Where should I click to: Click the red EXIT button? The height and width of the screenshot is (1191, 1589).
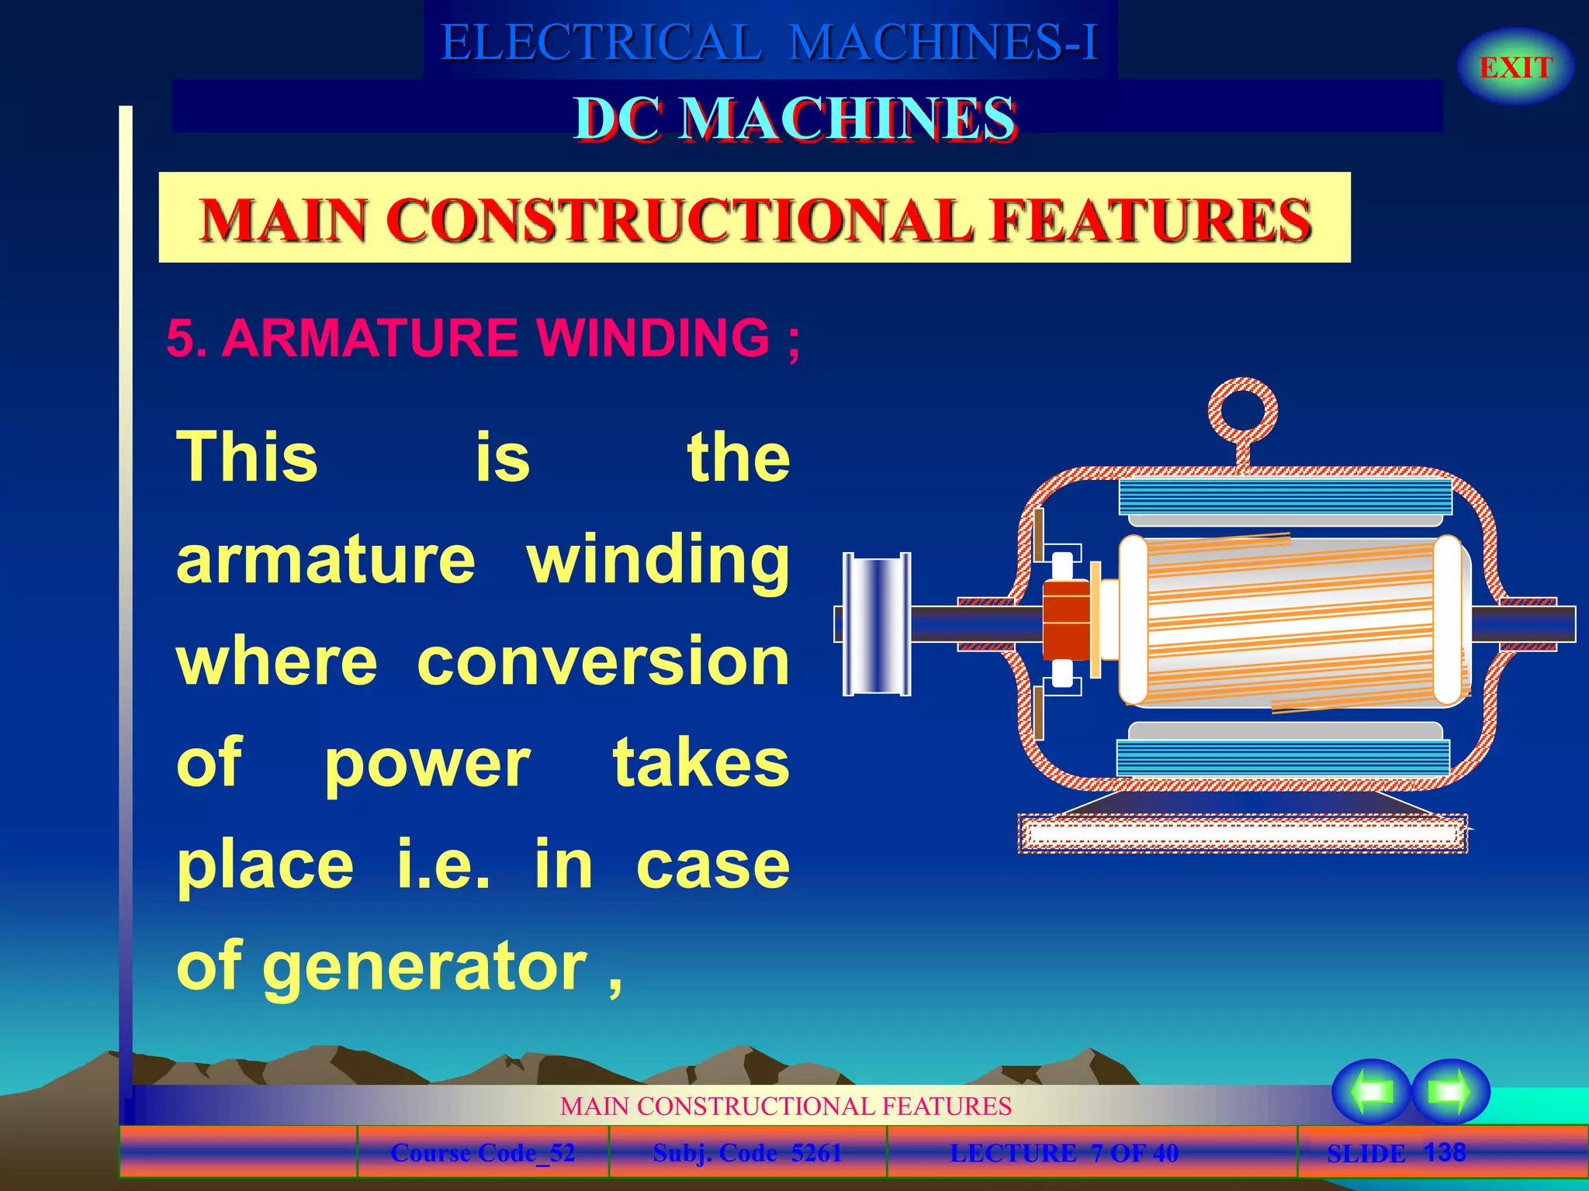click(1515, 67)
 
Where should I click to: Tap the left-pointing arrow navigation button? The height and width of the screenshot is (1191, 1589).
click(1370, 1091)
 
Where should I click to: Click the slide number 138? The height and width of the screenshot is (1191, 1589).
click(1445, 1151)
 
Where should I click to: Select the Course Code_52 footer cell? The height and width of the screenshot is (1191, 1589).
click(483, 1153)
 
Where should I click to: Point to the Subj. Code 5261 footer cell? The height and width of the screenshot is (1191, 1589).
click(747, 1153)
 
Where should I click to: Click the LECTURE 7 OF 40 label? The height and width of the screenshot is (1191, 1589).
click(1064, 1153)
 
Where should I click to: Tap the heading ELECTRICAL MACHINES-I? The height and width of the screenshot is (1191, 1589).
click(769, 42)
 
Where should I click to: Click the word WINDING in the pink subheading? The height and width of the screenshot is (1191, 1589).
click(653, 338)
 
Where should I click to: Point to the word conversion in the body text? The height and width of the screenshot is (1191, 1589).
click(603, 661)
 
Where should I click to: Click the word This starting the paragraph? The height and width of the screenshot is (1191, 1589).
click(248, 457)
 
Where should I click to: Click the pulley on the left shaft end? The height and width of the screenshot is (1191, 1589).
click(877, 624)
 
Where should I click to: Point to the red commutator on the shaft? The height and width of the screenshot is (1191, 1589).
click(1066, 620)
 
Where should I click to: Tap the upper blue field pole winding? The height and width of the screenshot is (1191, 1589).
click(1285, 496)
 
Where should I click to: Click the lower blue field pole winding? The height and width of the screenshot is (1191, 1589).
click(1283, 757)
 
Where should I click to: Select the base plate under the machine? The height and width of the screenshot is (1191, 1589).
click(1242, 834)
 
